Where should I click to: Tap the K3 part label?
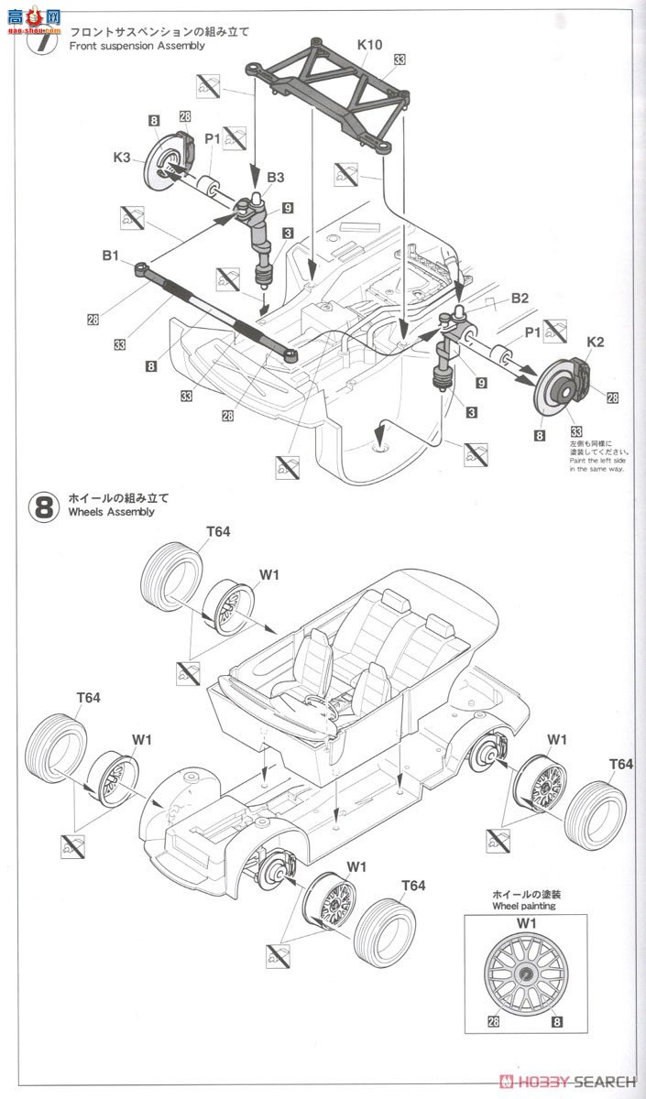click(122, 158)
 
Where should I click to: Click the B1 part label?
click(111, 257)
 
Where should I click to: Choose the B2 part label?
click(520, 298)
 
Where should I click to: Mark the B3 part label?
click(276, 177)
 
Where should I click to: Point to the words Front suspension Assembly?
click(137, 46)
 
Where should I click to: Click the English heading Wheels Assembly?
click(111, 513)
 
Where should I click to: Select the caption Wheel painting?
click(523, 906)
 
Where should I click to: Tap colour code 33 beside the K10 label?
click(399, 60)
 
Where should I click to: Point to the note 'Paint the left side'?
click(596, 460)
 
